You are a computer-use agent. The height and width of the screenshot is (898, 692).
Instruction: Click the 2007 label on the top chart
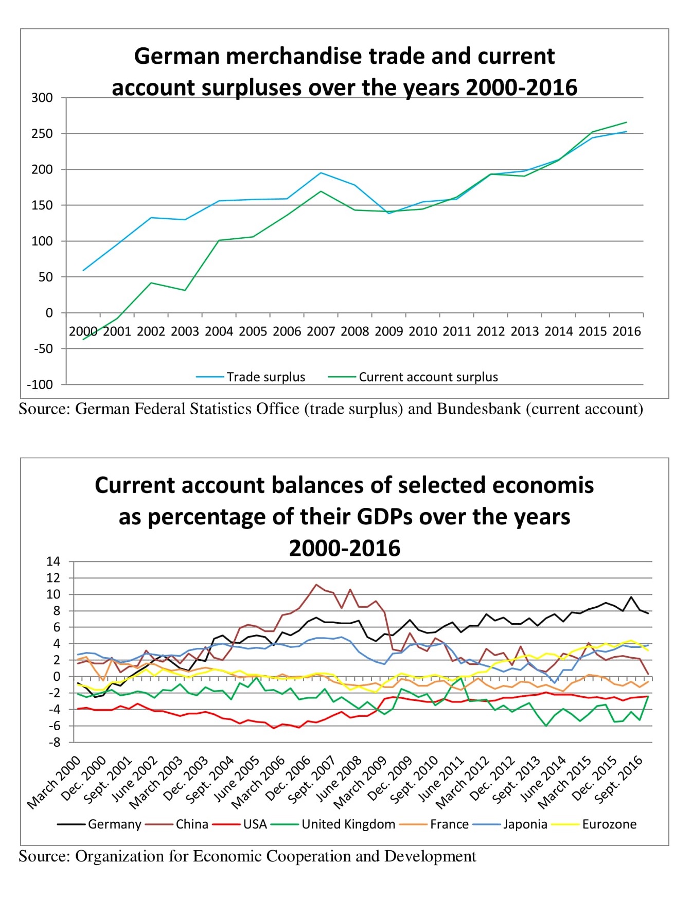click(321, 331)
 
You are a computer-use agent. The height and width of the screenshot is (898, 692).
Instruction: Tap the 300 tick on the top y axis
click(42, 98)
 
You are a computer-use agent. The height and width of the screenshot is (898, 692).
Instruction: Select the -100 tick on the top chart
click(40, 384)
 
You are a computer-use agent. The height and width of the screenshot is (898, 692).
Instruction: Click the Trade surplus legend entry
click(251, 377)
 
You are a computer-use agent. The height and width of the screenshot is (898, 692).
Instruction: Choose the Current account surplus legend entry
click(413, 377)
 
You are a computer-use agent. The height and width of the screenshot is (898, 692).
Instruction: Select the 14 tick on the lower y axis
click(54, 561)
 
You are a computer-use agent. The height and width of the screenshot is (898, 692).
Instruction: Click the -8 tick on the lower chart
click(55, 743)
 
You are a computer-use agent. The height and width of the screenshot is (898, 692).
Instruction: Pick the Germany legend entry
click(99, 824)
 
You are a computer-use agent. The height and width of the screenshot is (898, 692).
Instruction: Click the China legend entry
click(177, 824)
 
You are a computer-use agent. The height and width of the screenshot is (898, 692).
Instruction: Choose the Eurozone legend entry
click(594, 824)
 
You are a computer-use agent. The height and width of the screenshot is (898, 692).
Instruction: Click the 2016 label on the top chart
click(627, 331)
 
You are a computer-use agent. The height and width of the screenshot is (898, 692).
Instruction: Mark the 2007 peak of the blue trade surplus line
click(321, 173)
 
